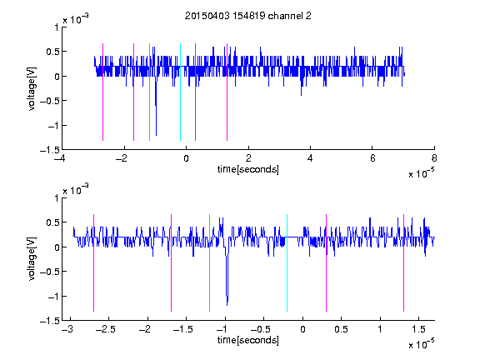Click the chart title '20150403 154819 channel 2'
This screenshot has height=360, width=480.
point(248,16)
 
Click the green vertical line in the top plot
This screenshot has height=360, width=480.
point(149,92)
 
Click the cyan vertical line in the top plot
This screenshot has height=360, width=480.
point(180,92)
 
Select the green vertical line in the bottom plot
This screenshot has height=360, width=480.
point(209,262)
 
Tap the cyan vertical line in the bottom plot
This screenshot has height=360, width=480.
point(287,262)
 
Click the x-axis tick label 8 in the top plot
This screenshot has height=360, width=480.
point(434,158)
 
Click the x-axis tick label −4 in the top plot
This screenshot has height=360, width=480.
point(59,158)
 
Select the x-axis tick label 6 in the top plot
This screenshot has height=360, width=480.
point(372,158)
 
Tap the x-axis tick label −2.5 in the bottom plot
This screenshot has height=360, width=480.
point(106,329)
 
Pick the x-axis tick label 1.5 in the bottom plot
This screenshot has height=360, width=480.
point(418,329)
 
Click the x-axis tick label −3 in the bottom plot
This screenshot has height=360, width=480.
point(67,329)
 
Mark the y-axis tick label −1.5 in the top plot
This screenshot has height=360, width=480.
point(50,150)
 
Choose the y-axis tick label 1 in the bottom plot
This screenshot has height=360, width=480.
point(57,198)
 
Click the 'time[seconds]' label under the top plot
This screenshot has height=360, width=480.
point(248,169)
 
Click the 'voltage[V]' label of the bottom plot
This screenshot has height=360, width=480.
point(32,259)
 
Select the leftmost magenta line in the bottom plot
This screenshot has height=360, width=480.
point(93,262)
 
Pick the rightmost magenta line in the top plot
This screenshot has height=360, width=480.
point(227,92)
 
